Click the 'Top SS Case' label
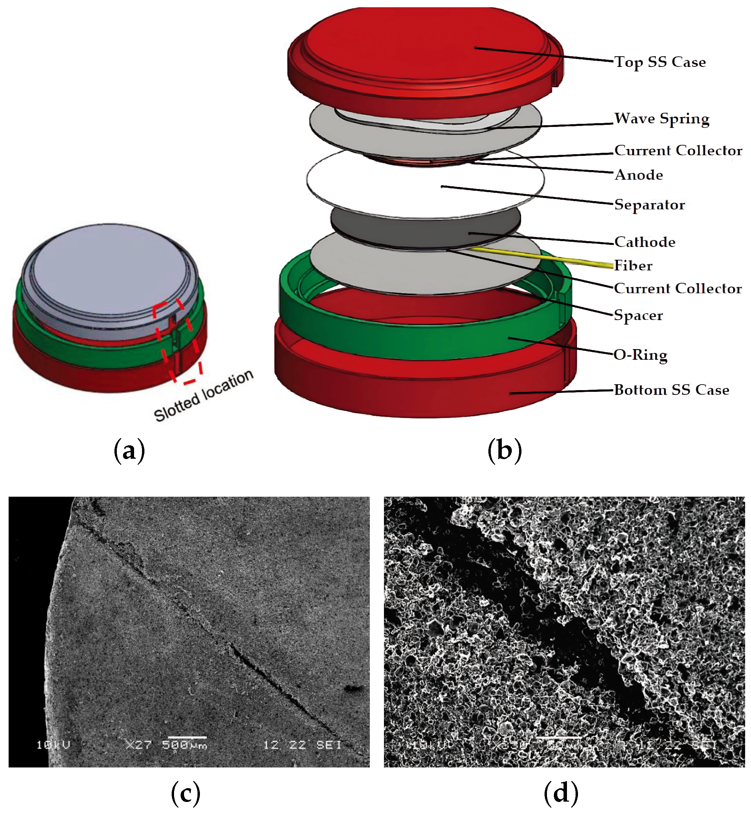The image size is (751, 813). (660, 62)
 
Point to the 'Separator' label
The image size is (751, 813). (649, 205)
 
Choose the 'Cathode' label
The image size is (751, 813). (644, 242)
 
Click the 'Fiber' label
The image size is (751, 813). (633, 266)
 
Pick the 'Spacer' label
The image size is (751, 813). (638, 315)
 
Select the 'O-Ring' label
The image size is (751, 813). (640, 355)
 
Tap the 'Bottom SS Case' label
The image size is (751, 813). (671, 390)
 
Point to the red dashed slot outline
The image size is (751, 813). (177, 341)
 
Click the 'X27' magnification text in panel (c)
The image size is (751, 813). (138, 745)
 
